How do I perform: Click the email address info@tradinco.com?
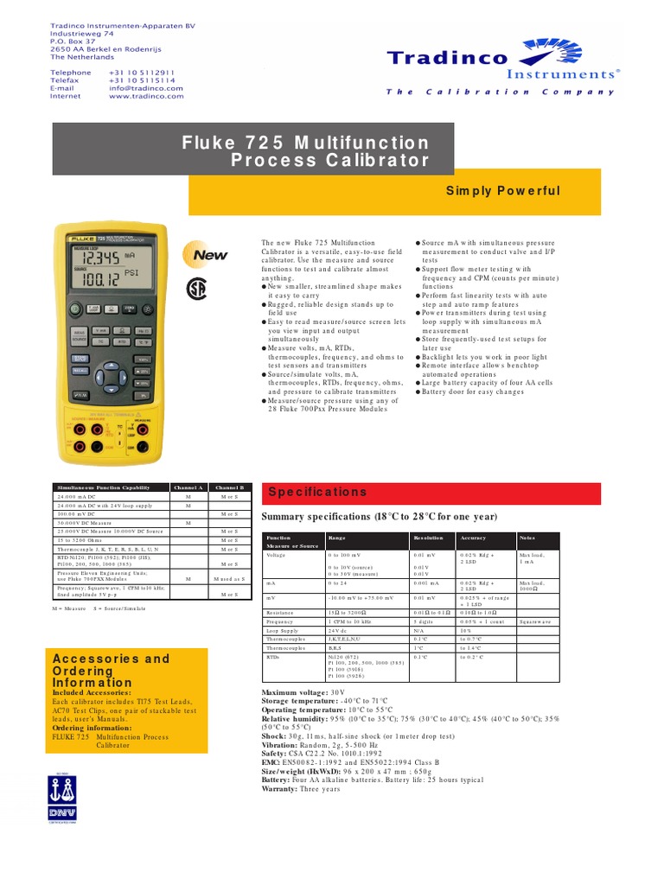coord(146,88)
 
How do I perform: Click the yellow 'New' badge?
coord(209,256)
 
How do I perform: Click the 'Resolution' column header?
coord(431,538)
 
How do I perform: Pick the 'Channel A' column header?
coord(188,487)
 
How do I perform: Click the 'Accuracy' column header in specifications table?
coord(473,538)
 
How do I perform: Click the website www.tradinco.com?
coord(146,96)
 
